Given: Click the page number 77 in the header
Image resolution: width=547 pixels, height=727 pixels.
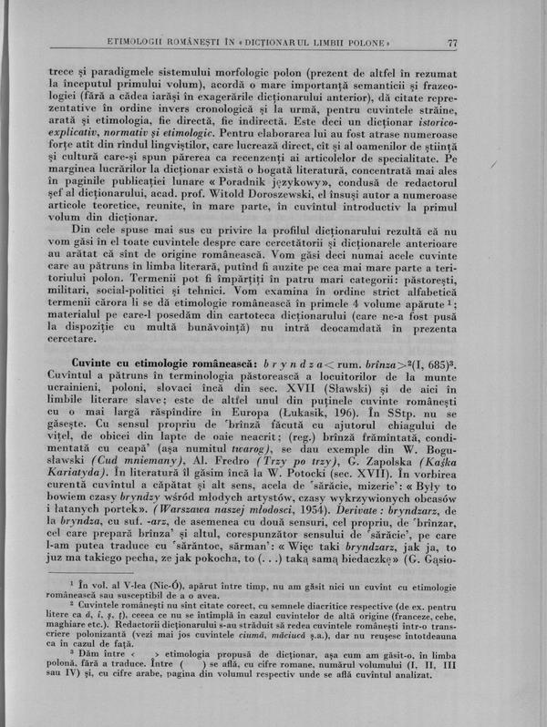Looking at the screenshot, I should pyautogui.click(x=453, y=43).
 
